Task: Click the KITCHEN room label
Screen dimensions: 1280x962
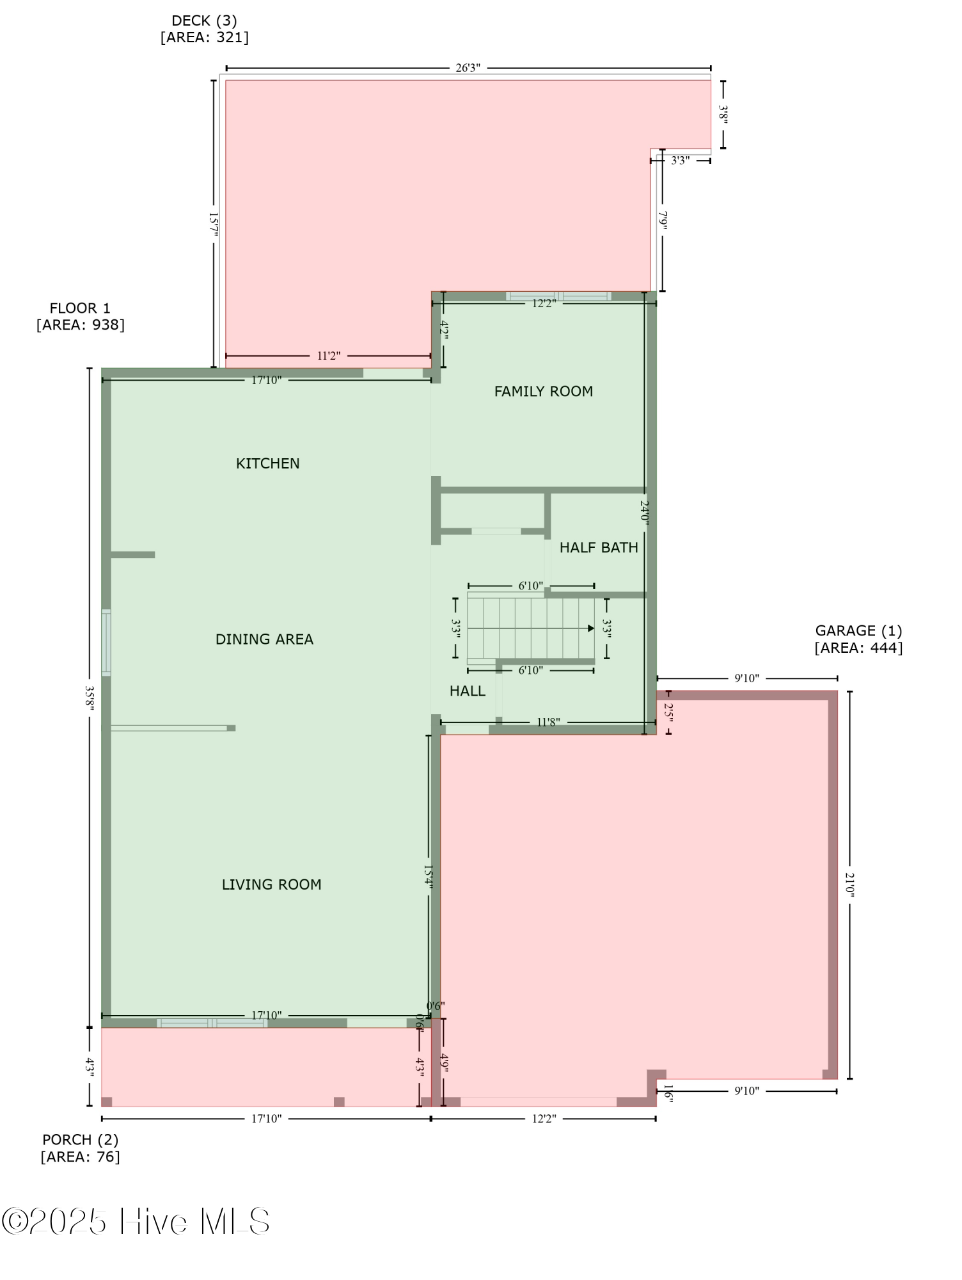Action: pyautogui.click(x=267, y=463)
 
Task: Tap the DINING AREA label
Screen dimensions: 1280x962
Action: pyautogui.click(x=264, y=639)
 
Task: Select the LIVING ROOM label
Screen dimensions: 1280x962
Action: pyautogui.click(x=271, y=884)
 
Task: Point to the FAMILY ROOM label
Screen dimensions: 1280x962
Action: pyautogui.click(x=544, y=391)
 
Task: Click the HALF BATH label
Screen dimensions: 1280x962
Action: pyautogui.click(x=599, y=548)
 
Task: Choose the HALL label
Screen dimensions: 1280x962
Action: pyautogui.click(x=468, y=691)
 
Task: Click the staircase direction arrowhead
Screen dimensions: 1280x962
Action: pyautogui.click(x=591, y=628)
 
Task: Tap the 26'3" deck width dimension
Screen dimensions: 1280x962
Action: pyautogui.click(x=468, y=68)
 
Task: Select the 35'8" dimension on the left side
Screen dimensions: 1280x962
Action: pyautogui.click(x=90, y=696)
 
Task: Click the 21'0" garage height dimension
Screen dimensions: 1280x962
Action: pyautogui.click(x=849, y=884)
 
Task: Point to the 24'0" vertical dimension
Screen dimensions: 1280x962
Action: pyautogui.click(x=645, y=513)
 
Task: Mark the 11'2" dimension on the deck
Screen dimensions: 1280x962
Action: pyautogui.click(x=329, y=356)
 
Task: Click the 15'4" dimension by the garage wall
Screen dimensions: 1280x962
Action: pyautogui.click(x=429, y=876)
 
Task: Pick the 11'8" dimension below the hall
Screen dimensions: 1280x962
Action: pyautogui.click(x=548, y=723)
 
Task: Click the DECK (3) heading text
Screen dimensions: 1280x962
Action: pyautogui.click(x=205, y=21)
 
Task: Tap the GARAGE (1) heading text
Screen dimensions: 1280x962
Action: pyautogui.click(x=858, y=631)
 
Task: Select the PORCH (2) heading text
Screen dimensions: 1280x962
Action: pyautogui.click(x=81, y=1140)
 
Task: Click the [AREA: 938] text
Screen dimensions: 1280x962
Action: pyautogui.click(x=81, y=325)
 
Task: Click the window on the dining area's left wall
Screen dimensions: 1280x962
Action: pyautogui.click(x=106, y=643)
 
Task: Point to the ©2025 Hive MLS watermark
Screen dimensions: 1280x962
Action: pyautogui.click(x=136, y=1222)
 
